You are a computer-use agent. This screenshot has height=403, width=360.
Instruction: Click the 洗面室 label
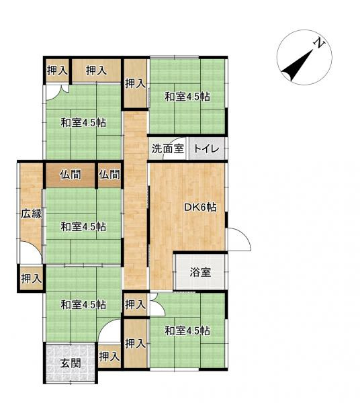[167, 149]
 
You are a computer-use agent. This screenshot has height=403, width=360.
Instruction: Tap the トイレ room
[206, 149]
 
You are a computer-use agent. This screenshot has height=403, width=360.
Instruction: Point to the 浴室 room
[199, 272]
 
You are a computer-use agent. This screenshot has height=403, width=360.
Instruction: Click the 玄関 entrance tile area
[71, 364]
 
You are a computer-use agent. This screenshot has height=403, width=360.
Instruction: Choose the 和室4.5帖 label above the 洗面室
[187, 97]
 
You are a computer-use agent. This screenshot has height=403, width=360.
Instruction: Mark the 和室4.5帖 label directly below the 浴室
[187, 330]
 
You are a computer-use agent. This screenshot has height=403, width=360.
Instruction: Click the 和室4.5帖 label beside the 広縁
[83, 226]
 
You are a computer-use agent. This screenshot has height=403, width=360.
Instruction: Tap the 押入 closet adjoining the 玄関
[109, 357]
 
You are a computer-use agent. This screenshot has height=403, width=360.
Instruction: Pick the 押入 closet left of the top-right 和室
[135, 83]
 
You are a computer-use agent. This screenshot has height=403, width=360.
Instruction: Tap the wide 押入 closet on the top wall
[96, 70]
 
